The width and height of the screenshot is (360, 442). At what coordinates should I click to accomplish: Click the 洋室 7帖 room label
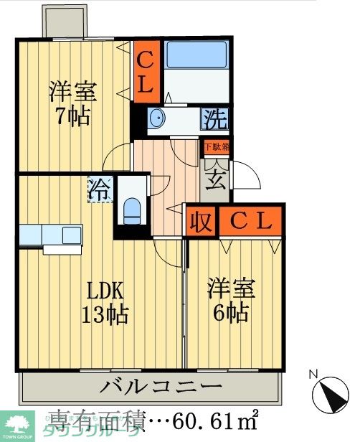coord(71,104)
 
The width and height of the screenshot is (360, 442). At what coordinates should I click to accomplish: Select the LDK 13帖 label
coord(105,303)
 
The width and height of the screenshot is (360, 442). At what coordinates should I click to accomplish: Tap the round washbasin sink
coord(157,118)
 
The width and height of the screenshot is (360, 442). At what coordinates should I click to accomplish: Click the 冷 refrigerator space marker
coord(100,190)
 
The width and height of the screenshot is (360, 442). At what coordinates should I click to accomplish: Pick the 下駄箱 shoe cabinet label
coord(214,147)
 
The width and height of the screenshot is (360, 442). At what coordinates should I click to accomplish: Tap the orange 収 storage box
coord(202,222)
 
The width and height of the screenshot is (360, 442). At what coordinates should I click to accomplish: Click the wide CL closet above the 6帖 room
coord(251,222)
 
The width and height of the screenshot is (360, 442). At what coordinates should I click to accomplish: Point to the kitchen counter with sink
coord(50,235)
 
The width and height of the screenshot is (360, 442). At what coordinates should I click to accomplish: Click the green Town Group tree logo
coord(16,424)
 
